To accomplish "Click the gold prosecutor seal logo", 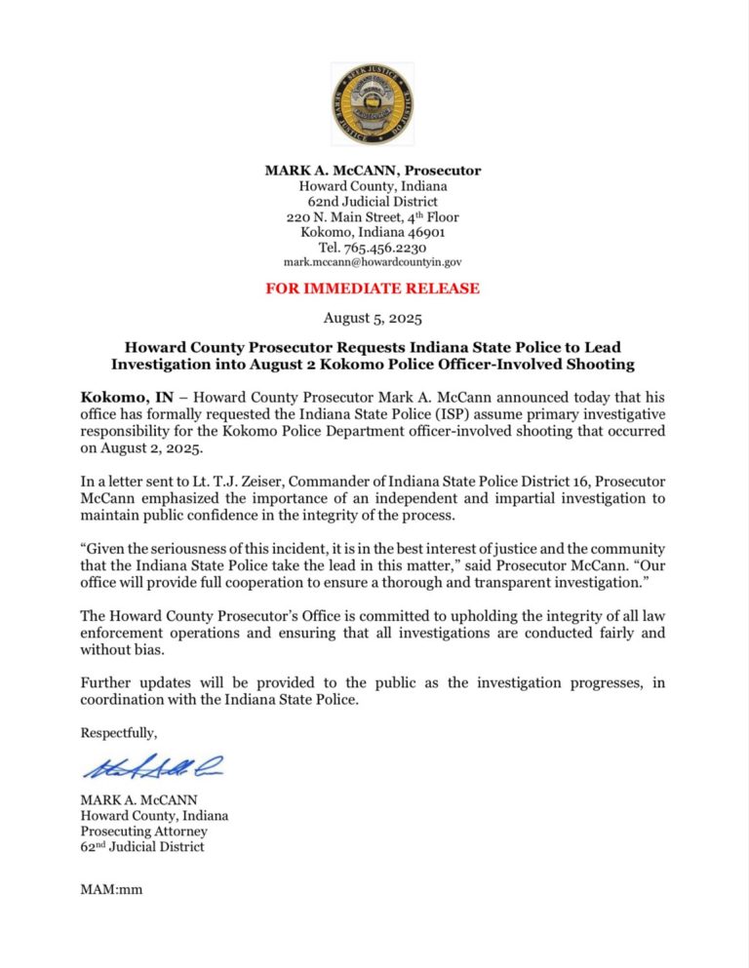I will (372, 104).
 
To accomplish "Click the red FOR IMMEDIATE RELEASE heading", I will (373, 289).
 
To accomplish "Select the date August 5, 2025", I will (373, 318).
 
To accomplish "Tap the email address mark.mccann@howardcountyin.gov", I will (373, 262).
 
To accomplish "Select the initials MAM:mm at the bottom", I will (111, 889).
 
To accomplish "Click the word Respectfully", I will (118, 732).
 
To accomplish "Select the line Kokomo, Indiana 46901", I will (373, 232).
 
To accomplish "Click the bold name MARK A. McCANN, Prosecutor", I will (373, 171).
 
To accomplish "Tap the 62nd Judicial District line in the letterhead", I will (373, 201).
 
